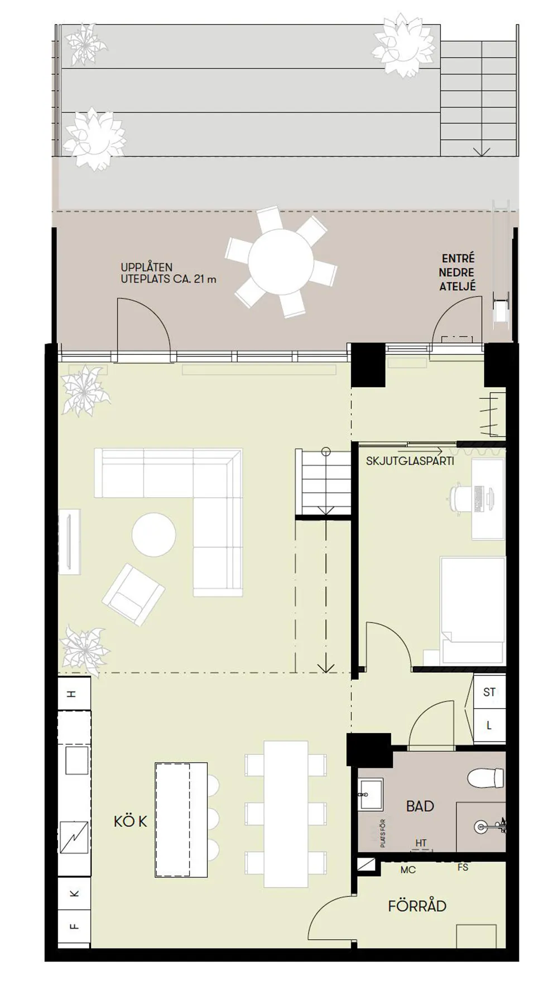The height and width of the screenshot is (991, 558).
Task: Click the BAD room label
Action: tap(420, 806)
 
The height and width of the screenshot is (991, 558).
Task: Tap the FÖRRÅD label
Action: tap(417, 906)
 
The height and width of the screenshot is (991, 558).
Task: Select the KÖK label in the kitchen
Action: tap(130, 821)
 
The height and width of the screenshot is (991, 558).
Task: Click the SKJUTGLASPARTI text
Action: tap(410, 461)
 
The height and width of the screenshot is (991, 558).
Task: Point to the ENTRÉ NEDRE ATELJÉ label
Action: tap(457, 272)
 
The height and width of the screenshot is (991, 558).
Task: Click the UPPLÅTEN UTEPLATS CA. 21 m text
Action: tap(168, 273)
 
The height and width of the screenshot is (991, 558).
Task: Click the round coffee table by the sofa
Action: tap(153, 535)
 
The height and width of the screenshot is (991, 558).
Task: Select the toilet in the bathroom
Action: tap(485, 777)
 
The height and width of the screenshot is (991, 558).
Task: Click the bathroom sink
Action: tap(370, 794)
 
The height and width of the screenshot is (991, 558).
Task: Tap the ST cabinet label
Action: tap(489, 692)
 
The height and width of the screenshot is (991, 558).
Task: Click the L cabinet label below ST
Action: tap(489, 725)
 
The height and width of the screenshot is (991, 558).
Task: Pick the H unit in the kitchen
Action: tap(72, 694)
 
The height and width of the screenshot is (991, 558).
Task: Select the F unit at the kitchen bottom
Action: tap(74, 926)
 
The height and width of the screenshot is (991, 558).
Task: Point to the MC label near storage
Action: tap(408, 870)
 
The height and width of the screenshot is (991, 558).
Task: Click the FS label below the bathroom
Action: tap(463, 867)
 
